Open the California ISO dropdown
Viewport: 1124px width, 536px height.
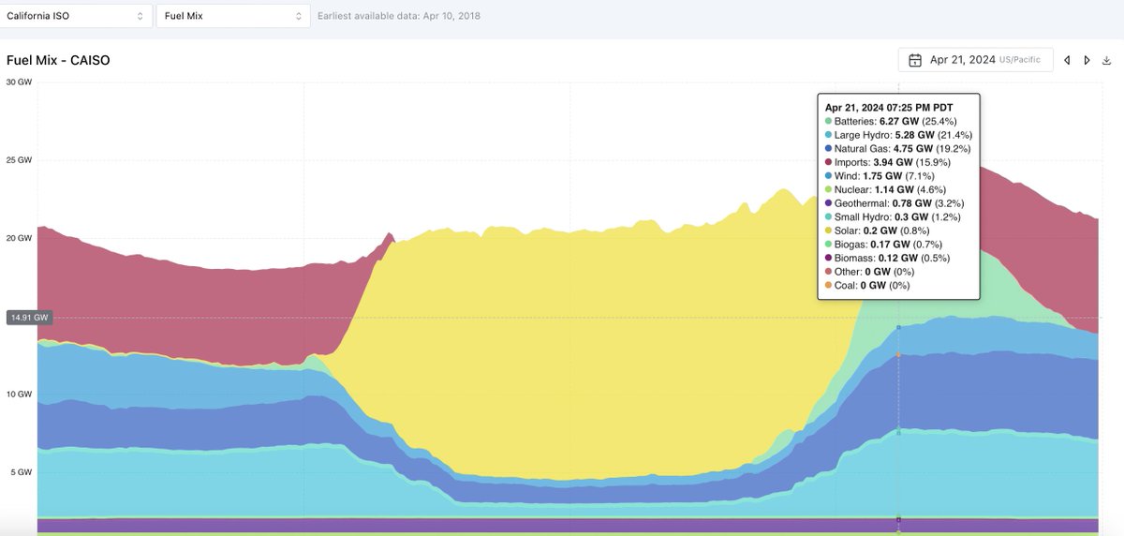76,16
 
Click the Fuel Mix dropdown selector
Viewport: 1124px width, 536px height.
233,16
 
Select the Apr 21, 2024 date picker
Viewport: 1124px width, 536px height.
974,60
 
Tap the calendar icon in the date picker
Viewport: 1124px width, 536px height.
914,60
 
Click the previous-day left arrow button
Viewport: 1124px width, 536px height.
1066,60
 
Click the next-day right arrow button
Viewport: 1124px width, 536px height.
1087,60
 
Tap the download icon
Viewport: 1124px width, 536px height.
1106,60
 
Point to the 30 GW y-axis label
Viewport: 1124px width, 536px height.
19,82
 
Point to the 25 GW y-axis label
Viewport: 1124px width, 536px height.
19,160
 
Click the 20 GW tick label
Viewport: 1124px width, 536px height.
19,238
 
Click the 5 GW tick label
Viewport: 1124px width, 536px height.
22,472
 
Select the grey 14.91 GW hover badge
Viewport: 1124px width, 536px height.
28,318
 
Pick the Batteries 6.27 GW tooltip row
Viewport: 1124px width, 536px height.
885,121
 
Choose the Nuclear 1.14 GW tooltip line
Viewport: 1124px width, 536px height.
880,189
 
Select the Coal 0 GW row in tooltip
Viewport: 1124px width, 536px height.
871,285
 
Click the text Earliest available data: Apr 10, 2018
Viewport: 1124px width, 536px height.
399,16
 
